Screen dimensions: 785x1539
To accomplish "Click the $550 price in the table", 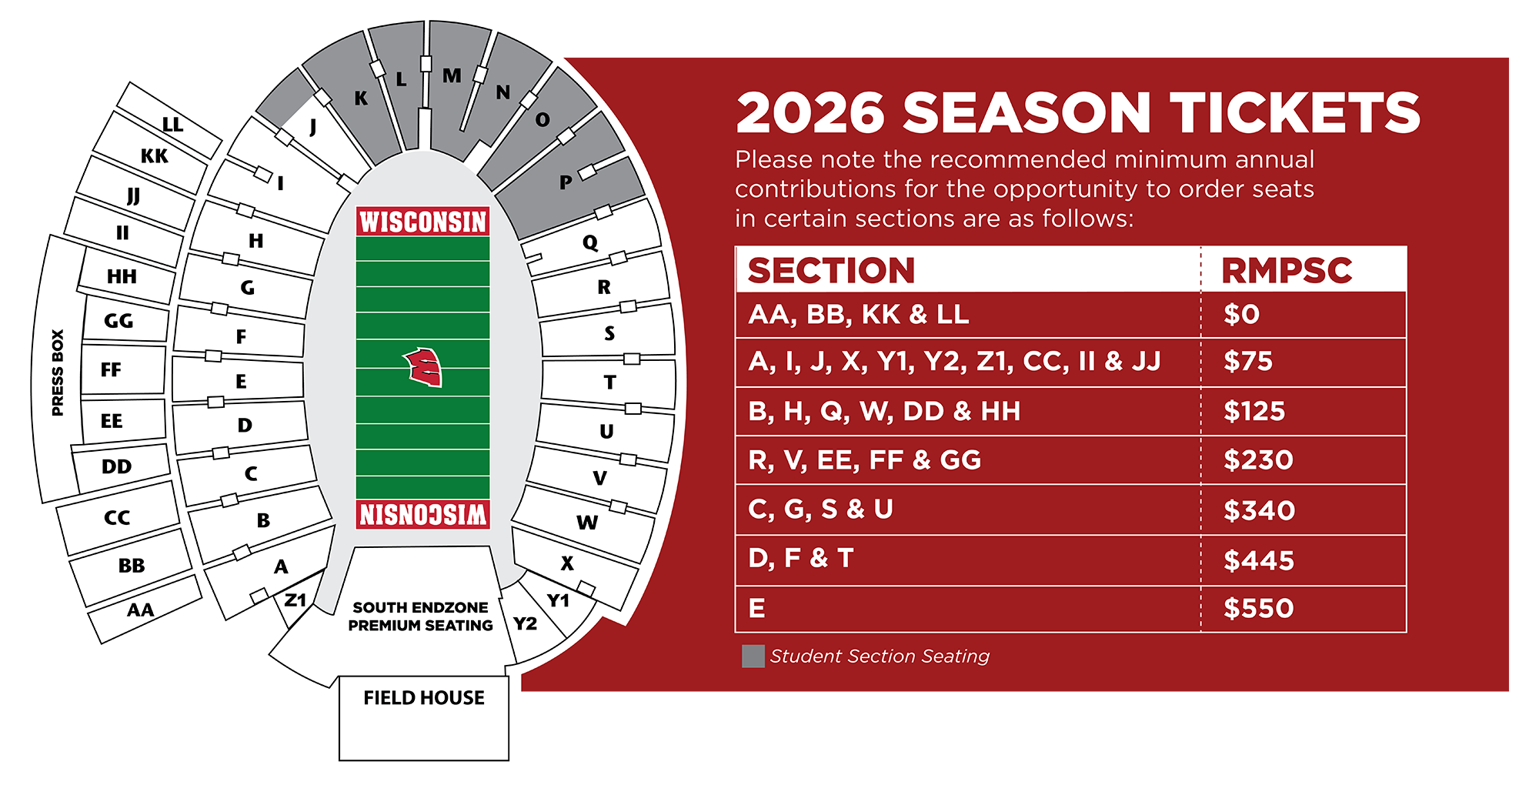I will [x=1258, y=609].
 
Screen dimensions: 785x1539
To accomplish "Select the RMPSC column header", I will [x=1287, y=271].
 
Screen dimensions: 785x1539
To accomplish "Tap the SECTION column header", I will [x=831, y=271].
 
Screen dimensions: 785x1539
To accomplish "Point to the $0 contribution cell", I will [x=1241, y=315].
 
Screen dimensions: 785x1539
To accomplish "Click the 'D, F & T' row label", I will [x=801, y=558].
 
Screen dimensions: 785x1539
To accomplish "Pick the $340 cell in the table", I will [x=1259, y=510].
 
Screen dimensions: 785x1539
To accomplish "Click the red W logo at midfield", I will [x=423, y=366].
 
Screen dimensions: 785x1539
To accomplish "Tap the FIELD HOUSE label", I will [x=424, y=698].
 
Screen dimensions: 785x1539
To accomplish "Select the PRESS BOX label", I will [x=58, y=372].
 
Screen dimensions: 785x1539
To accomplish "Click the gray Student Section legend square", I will [x=753, y=656].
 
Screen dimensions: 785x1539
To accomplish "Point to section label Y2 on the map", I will [x=525, y=623].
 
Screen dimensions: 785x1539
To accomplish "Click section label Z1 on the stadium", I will [x=295, y=600].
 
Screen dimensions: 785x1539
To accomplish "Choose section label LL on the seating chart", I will [x=172, y=125].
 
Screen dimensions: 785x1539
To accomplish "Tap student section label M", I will [x=452, y=75].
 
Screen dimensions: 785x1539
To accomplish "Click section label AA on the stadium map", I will [x=140, y=610].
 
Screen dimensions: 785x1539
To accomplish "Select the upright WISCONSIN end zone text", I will [x=423, y=222].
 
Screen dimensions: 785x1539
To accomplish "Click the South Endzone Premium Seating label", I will [x=420, y=616].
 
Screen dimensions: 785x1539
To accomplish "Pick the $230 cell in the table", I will [x=1258, y=460].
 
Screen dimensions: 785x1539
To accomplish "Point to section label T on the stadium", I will [x=609, y=382].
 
